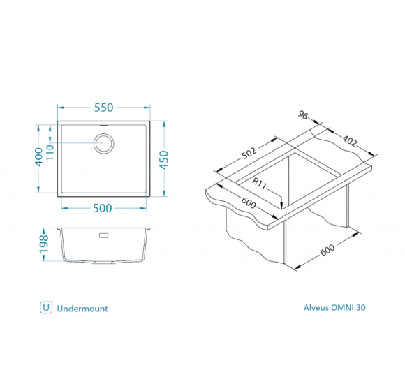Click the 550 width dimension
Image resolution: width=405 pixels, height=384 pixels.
click(103, 108)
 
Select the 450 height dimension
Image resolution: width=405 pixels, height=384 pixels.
click(164, 160)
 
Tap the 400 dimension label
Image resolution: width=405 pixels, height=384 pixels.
click(38, 157)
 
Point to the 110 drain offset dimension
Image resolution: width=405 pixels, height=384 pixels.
click(50, 152)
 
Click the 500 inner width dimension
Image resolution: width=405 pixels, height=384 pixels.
click(102, 208)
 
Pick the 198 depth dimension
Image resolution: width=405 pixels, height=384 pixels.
click(44, 244)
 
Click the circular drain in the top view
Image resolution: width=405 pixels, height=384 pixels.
click(104, 143)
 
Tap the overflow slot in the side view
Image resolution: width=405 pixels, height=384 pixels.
click(104, 235)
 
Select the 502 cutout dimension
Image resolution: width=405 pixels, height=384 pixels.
click(249, 153)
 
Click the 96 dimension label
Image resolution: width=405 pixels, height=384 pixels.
click(303, 115)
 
